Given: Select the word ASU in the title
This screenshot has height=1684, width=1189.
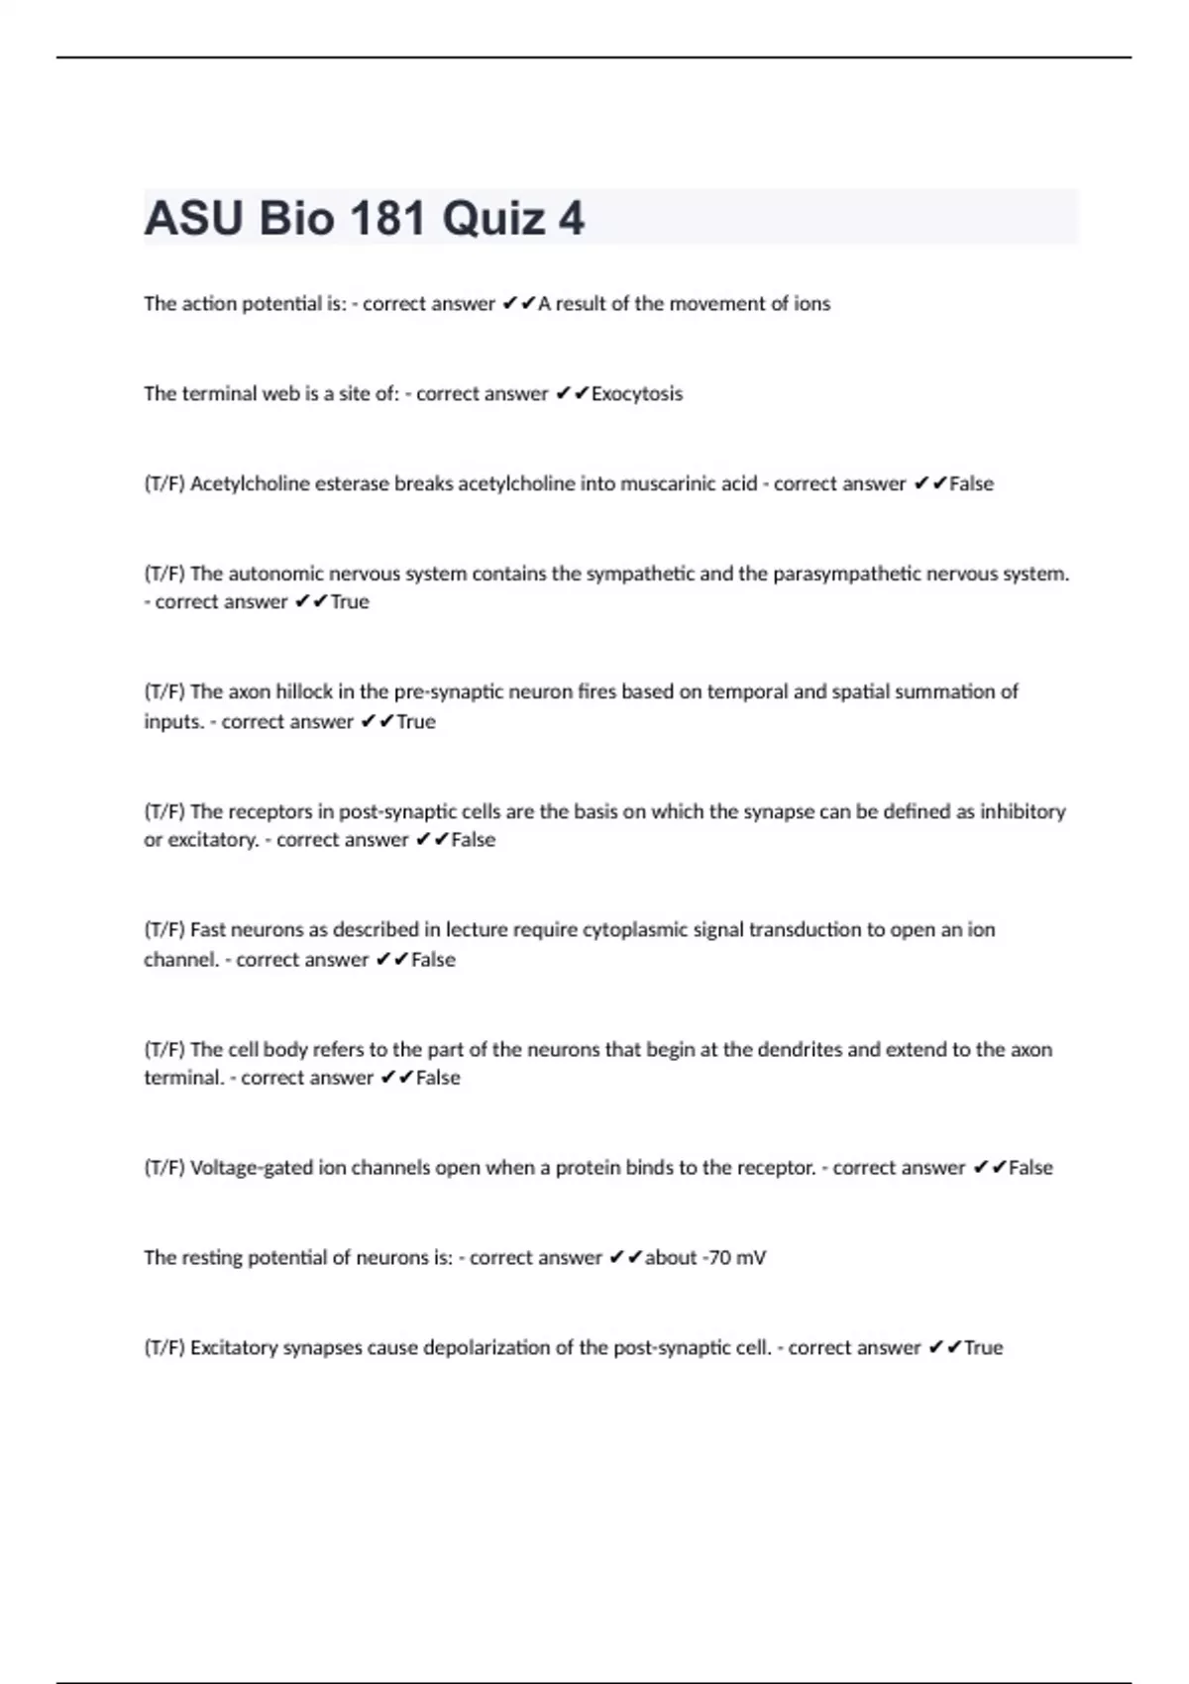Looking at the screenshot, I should click(x=193, y=219).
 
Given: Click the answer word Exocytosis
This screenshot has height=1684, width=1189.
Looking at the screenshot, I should click(x=636, y=393).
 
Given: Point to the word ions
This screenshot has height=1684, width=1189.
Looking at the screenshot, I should click(x=811, y=303).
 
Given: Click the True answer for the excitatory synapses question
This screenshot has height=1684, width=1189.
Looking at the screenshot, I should click(x=983, y=1347).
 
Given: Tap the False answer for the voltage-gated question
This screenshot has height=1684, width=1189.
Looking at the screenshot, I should click(x=1030, y=1168).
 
